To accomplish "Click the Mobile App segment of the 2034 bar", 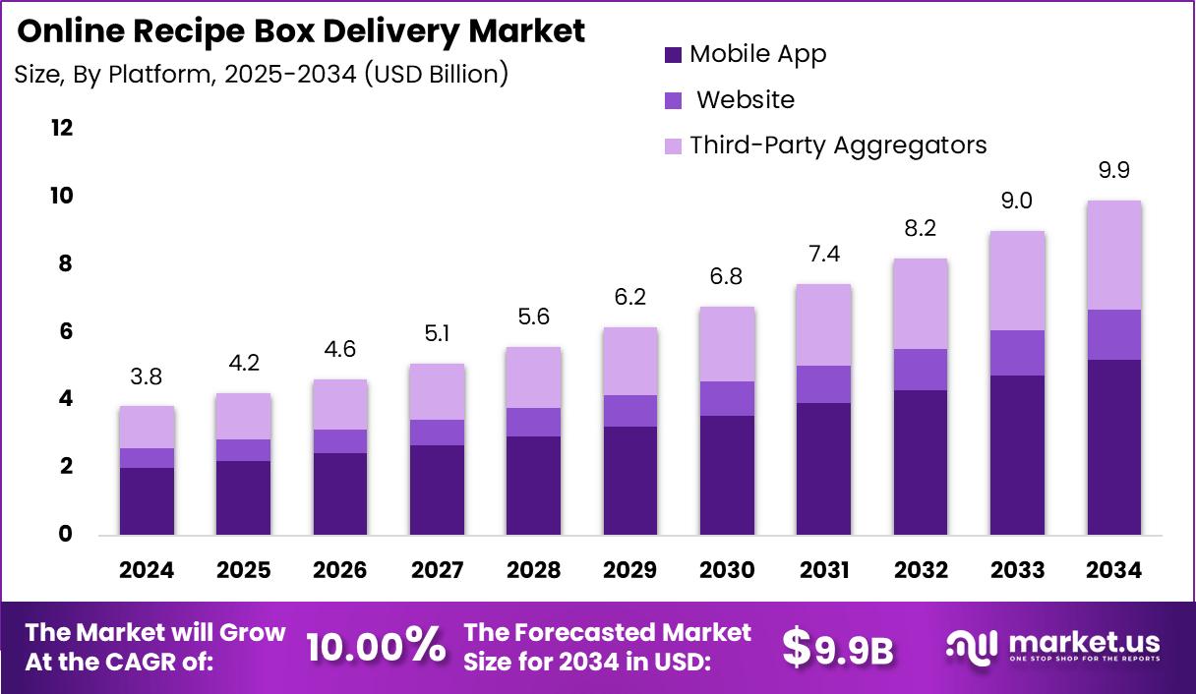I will (x=1113, y=447).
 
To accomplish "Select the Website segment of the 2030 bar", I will (x=727, y=398).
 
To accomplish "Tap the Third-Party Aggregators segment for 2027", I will (x=437, y=391).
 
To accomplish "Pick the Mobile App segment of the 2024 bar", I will (x=147, y=501).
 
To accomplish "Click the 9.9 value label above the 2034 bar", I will (x=1113, y=171).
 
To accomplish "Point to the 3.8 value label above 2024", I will (x=147, y=376).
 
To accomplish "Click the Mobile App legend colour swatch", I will (x=674, y=55).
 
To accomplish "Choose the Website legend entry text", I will (x=747, y=100).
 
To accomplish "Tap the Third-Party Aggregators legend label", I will (x=838, y=145).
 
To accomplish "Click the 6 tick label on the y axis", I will (x=67, y=331).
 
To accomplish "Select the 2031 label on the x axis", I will (x=823, y=571).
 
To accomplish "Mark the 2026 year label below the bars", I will (x=340, y=571).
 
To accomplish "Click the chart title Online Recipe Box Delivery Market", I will (x=301, y=30).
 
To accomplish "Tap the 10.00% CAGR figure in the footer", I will (x=375, y=646).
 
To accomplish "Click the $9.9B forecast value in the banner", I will (x=837, y=646).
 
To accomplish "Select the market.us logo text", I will (x=1080, y=643).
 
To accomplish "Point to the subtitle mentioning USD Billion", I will (x=262, y=74).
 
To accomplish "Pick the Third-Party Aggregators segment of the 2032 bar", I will (x=920, y=304).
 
